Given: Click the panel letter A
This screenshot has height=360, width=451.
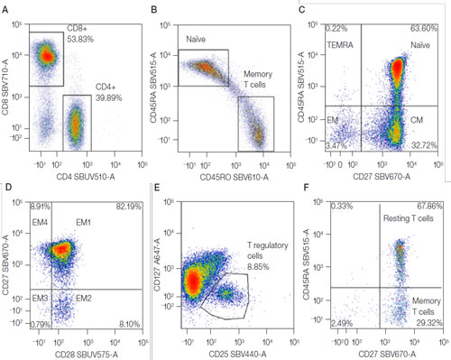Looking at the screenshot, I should point(8,8).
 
